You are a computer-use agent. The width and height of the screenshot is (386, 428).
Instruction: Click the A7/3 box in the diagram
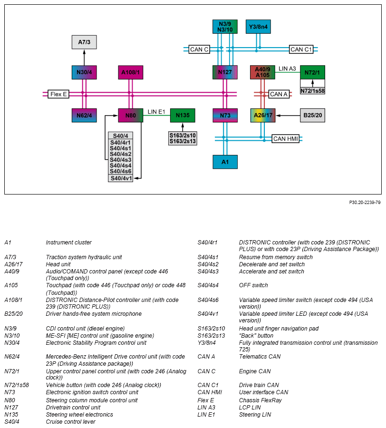84,42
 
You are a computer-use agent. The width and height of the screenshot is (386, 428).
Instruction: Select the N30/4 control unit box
84,72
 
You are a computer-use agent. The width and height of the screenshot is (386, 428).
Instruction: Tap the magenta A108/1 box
130,72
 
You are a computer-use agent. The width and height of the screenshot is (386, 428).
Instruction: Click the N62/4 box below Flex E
84,116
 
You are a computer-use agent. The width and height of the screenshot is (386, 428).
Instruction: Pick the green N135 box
183,116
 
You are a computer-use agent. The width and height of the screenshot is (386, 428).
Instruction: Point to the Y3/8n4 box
258,27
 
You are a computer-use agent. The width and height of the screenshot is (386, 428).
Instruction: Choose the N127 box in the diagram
225,72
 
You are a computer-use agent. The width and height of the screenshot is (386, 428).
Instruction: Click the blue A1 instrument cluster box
225,162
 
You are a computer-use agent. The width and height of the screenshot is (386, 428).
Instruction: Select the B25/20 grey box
312,116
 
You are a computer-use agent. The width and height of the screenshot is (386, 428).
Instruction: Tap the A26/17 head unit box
263,116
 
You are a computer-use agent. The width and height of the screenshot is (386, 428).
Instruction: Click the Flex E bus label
58,94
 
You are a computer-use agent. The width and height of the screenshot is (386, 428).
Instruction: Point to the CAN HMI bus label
285,139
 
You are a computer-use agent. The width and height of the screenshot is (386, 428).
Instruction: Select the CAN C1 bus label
301,49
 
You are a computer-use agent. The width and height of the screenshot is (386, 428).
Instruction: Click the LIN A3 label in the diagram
287,69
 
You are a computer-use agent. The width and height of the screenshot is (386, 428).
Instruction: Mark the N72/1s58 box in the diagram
312,91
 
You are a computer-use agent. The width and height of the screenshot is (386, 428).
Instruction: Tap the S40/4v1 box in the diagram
121,178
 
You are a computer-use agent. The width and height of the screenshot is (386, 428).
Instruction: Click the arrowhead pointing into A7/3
84,51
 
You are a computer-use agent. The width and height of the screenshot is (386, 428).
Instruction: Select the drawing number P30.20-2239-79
365,202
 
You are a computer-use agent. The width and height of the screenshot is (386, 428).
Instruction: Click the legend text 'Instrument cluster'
69,243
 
